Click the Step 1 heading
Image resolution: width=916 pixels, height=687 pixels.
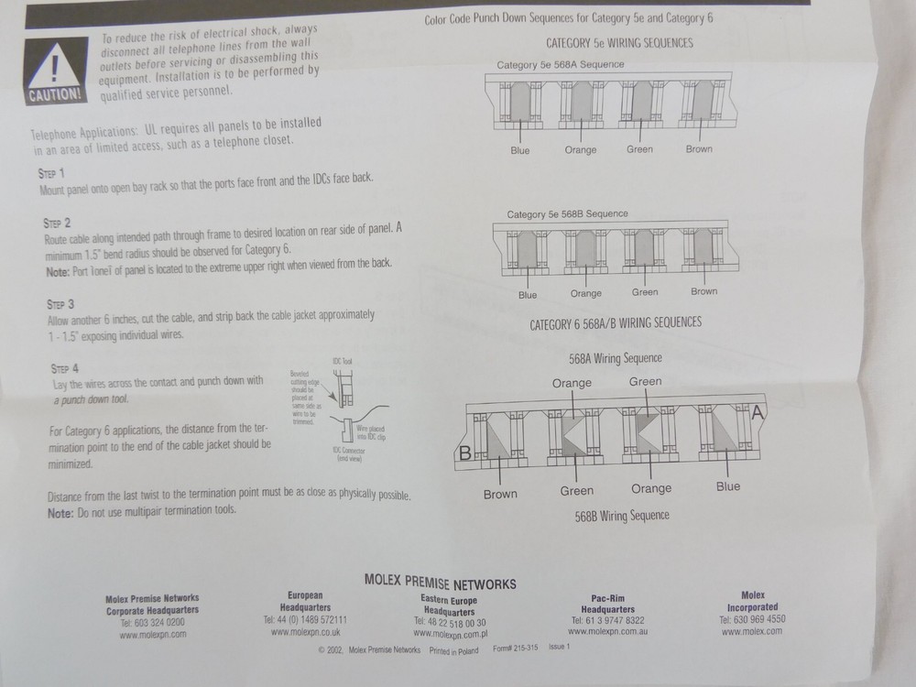[50, 172]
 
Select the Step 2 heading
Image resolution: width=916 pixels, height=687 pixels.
[57, 223]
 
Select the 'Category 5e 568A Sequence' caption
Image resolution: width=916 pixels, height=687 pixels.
[560, 65]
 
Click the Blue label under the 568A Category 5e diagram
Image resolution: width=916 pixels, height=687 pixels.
[519, 150]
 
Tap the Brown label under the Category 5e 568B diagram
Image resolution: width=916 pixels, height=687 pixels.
[703, 291]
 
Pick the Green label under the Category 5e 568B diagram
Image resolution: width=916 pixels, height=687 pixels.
[645, 292]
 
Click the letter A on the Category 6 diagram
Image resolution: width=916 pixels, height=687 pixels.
[758, 414]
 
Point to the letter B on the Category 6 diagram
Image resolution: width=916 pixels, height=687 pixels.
[464, 452]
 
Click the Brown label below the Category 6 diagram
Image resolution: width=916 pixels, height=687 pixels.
[500, 494]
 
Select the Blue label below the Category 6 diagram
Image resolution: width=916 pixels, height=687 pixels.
[728, 486]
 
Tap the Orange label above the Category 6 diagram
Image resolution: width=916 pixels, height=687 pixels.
[572, 384]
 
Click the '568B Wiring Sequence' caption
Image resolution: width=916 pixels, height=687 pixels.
[621, 516]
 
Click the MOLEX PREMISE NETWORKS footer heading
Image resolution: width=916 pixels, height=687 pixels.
[440, 583]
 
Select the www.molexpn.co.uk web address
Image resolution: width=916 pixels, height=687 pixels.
[305, 632]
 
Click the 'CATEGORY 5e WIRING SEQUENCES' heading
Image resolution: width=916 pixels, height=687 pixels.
[619, 43]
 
